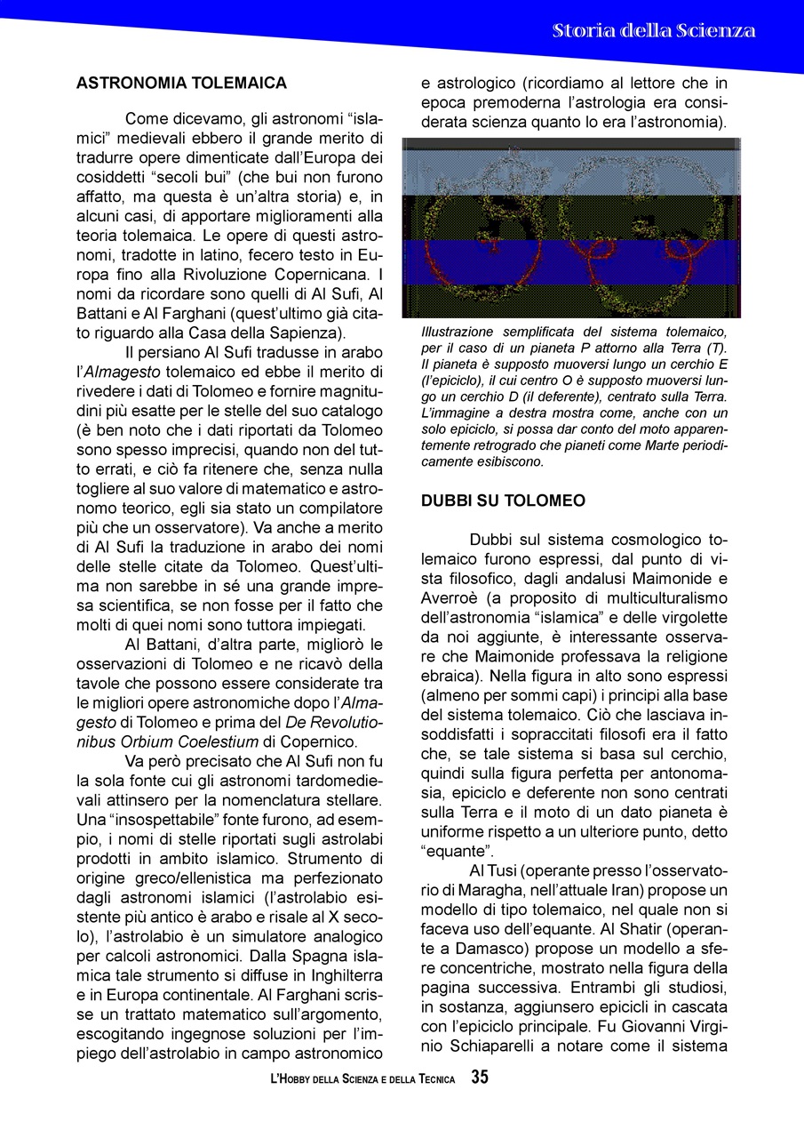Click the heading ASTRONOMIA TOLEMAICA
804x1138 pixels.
pos(181,83)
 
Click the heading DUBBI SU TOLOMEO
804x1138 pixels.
pos(503,501)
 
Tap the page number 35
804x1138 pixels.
pos(480,1078)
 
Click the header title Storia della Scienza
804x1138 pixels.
pos(653,31)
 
